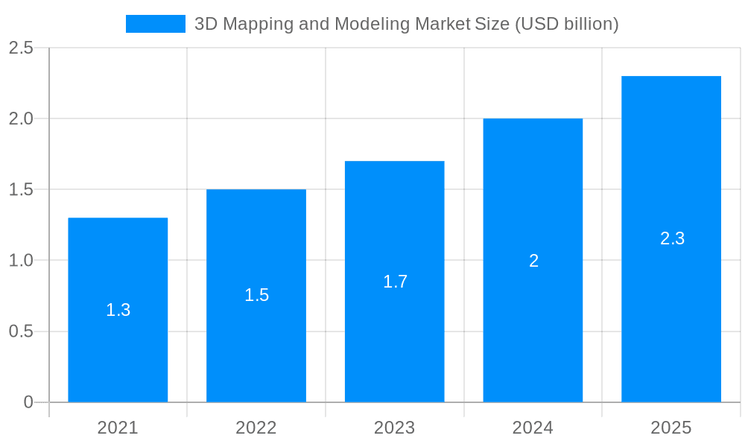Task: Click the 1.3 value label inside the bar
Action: click(x=118, y=310)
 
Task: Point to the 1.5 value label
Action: click(x=256, y=295)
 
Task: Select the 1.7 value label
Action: click(x=395, y=282)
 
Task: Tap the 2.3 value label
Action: click(x=672, y=238)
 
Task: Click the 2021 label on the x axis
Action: click(x=118, y=428)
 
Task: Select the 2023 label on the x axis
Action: click(x=395, y=428)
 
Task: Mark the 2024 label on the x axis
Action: click(x=533, y=428)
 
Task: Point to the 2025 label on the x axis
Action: click(x=671, y=428)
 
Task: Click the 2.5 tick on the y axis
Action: click(x=21, y=48)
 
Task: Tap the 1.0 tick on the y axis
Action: click(x=21, y=261)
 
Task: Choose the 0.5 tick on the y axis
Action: click(x=21, y=332)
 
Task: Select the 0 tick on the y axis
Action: click(x=28, y=402)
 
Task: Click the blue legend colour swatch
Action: click(x=156, y=24)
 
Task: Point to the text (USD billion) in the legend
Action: click(x=566, y=24)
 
